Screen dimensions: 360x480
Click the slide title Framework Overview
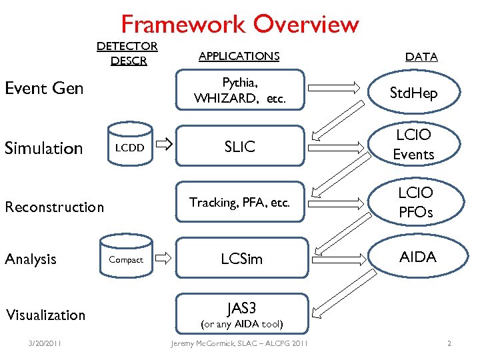point(240,25)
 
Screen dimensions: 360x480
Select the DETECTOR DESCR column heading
point(127,53)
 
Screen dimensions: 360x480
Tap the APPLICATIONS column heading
point(239,57)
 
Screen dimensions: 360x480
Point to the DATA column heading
point(421,57)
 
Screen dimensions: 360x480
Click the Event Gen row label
point(44,88)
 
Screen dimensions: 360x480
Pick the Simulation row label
point(44,148)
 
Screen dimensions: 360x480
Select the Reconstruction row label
point(55,207)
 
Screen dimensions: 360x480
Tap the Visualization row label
point(45,315)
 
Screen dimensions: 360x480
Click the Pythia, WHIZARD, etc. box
point(239,91)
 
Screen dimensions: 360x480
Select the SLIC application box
point(239,147)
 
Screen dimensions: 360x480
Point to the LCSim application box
point(241,259)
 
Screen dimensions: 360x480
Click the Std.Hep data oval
point(413,93)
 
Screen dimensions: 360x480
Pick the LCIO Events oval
point(413,145)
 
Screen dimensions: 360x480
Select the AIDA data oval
point(417,257)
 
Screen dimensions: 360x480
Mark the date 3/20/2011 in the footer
point(45,344)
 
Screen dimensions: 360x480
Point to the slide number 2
point(449,344)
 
